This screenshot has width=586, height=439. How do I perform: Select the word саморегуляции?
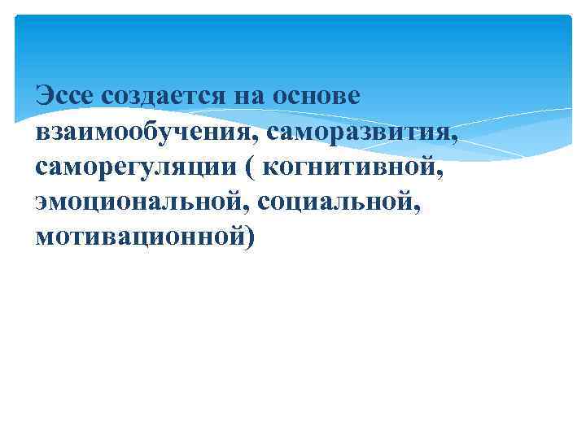click(133, 167)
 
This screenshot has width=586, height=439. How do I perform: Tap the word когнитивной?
click(354, 167)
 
